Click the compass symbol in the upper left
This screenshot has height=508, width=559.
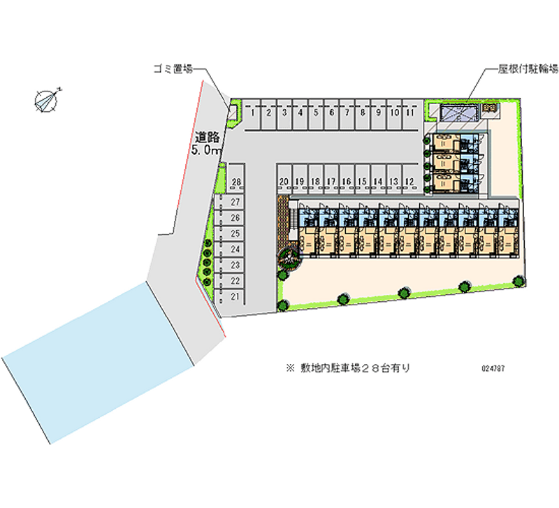tap(47, 100)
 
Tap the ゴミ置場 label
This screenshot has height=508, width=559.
tap(173, 68)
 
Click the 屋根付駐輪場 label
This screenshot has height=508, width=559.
tap(528, 68)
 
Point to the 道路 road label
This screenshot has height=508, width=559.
tap(208, 138)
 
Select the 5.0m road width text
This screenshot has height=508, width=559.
tap(206, 150)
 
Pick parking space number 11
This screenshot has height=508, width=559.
tap(410, 112)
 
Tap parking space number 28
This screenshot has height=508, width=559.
tap(236, 182)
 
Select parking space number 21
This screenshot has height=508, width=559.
tap(235, 297)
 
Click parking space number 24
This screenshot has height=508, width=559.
tap(235, 249)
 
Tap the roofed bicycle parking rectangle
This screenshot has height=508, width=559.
tap(458, 112)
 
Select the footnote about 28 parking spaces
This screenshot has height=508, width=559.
tap(347, 368)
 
